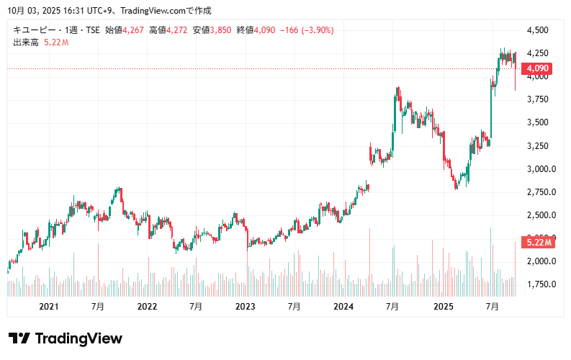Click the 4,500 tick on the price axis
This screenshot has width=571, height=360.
538,30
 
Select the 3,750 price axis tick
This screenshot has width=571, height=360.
538,100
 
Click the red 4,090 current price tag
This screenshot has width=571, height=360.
539,69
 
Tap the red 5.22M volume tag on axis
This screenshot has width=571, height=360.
539,243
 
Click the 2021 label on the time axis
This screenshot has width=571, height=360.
48,307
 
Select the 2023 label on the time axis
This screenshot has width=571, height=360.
246,307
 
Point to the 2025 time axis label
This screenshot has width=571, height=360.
443,307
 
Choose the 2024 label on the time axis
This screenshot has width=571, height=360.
344,307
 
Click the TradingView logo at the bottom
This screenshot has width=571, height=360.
66,338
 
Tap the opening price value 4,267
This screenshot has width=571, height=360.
135,30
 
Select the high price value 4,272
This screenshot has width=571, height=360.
178,30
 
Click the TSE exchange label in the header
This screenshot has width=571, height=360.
93,30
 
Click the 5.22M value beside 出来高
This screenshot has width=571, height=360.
56,42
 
